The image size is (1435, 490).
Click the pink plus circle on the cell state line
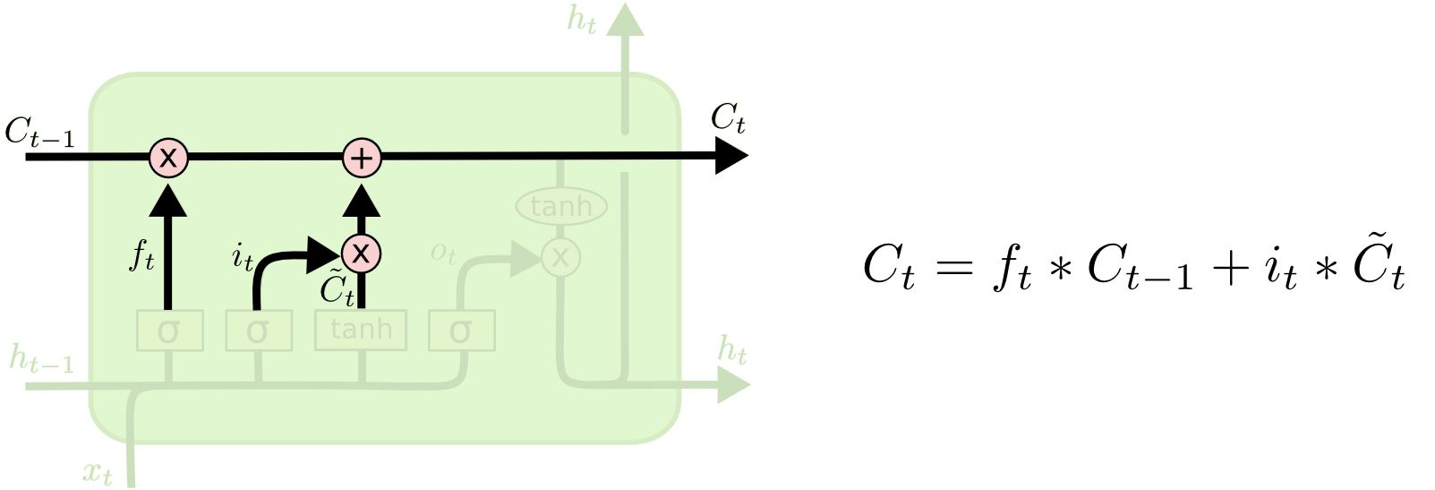[362, 158]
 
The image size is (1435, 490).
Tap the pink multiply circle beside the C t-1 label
[168, 158]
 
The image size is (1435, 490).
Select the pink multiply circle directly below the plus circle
[361, 254]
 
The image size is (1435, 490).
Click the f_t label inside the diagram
[142, 256]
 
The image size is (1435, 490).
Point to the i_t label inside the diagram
[243, 258]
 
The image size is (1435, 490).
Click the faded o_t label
[443, 254]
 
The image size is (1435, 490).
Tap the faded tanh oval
[561, 207]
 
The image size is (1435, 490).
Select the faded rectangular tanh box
[361, 330]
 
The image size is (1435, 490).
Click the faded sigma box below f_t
[169, 331]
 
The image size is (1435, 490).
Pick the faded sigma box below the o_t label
[461, 331]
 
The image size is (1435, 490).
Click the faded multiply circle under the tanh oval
[560, 258]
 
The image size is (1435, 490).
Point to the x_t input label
[98, 472]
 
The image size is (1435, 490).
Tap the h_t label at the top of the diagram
[582, 20]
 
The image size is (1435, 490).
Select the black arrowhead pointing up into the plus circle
[362, 202]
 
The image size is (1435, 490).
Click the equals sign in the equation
[955, 267]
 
